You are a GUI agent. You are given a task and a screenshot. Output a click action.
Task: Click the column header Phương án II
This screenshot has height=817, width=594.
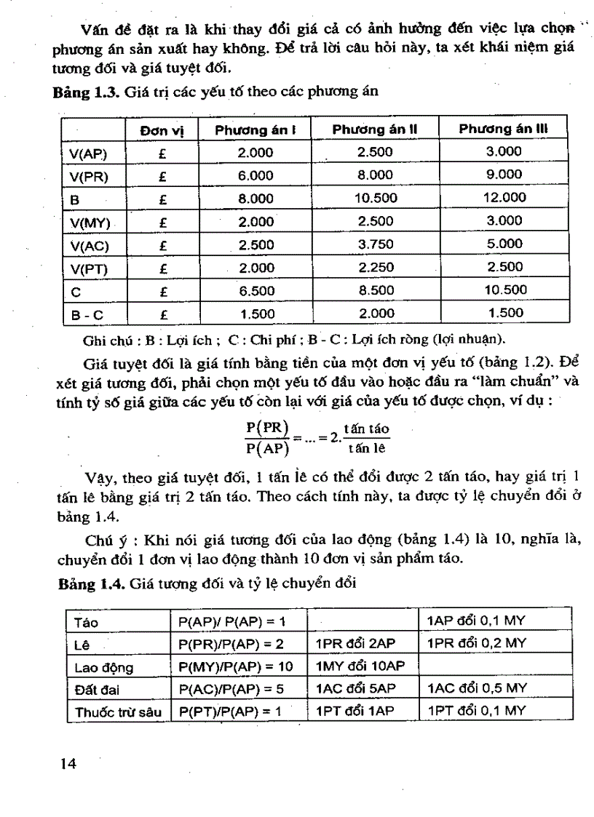[x=374, y=129]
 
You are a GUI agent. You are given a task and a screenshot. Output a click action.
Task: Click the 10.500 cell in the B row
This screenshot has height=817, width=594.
[x=374, y=197]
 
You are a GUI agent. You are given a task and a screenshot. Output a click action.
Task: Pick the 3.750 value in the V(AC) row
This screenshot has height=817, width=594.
[x=374, y=244]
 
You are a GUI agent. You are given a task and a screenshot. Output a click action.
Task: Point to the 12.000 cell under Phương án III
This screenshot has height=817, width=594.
[x=504, y=197]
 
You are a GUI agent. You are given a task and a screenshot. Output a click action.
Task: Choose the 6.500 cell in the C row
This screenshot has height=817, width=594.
[x=256, y=290]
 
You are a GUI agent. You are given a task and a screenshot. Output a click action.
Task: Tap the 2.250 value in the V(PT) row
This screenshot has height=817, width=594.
[x=374, y=267]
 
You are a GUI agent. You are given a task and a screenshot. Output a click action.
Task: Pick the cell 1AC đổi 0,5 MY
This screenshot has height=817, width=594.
[x=476, y=688]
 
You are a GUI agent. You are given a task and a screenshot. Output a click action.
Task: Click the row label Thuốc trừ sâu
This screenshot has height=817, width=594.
[x=116, y=711]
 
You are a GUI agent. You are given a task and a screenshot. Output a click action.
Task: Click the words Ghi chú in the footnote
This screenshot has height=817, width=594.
[x=105, y=338]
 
